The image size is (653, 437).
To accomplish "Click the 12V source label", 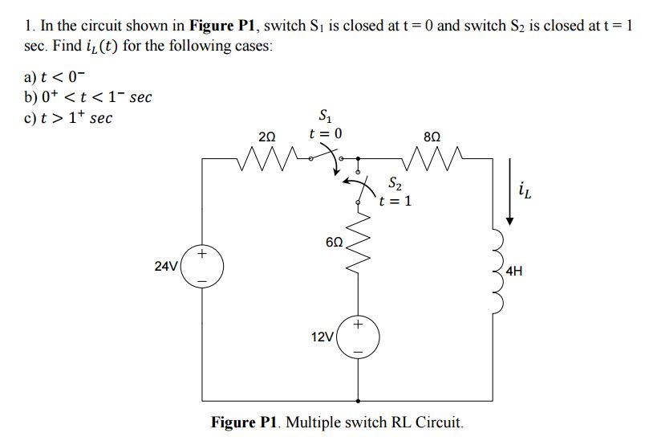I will click(322, 336).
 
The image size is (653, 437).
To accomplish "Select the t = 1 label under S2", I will click(396, 201).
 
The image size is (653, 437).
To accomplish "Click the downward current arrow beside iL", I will click(507, 193).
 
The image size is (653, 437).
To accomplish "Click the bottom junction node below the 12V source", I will click(358, 400).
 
